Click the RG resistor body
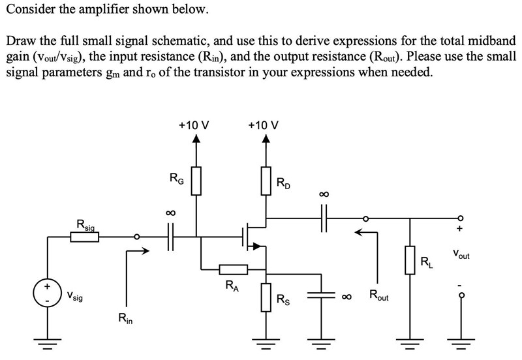(196, 181)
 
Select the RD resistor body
(266, 181)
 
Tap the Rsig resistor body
(85, 237)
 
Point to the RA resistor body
(233, 269)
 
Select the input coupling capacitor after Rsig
(171, 237)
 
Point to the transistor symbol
(251, 237)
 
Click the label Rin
(124, 319)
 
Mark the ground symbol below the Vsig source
(47, 344)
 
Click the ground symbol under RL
(410, 344)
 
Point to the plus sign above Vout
(460, 230)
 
